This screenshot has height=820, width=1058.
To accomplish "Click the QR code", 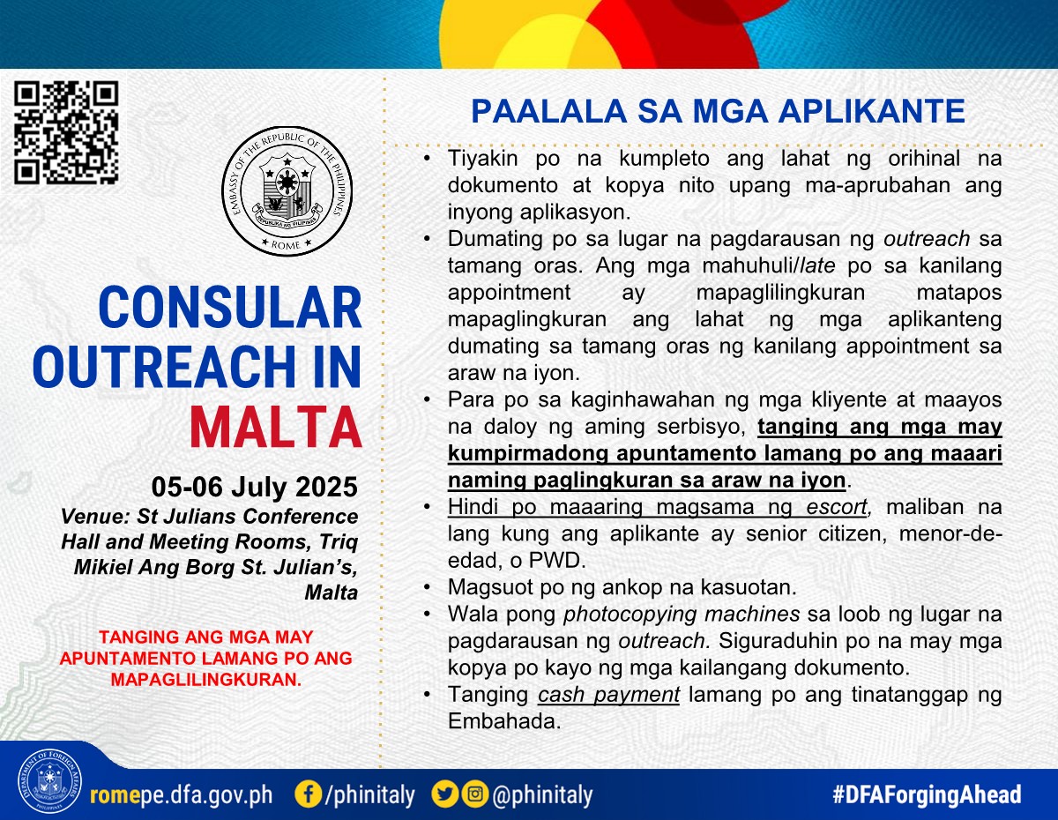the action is (66, 133).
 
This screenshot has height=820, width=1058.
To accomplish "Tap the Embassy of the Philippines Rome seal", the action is (287, 191).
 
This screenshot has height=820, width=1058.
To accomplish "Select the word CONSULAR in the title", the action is (230, 308).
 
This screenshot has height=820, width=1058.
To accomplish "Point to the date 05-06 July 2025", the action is (255, 487).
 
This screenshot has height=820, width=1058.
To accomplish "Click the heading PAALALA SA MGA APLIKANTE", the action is (719, 111).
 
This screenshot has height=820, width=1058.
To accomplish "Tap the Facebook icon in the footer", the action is (308, 794).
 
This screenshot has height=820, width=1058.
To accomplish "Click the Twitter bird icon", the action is (445, 794).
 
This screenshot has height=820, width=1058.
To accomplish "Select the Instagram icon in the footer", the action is (475, 794).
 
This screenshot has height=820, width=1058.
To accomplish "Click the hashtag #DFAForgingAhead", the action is (927, 794).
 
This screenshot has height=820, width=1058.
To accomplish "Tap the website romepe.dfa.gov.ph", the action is (181, 794).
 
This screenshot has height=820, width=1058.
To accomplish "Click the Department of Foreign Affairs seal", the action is (49, 781).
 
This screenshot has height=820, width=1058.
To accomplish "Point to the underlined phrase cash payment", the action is (608, 695).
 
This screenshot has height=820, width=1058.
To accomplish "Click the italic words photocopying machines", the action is (682, 614).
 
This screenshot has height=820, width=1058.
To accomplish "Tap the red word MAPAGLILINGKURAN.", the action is (206, 679).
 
